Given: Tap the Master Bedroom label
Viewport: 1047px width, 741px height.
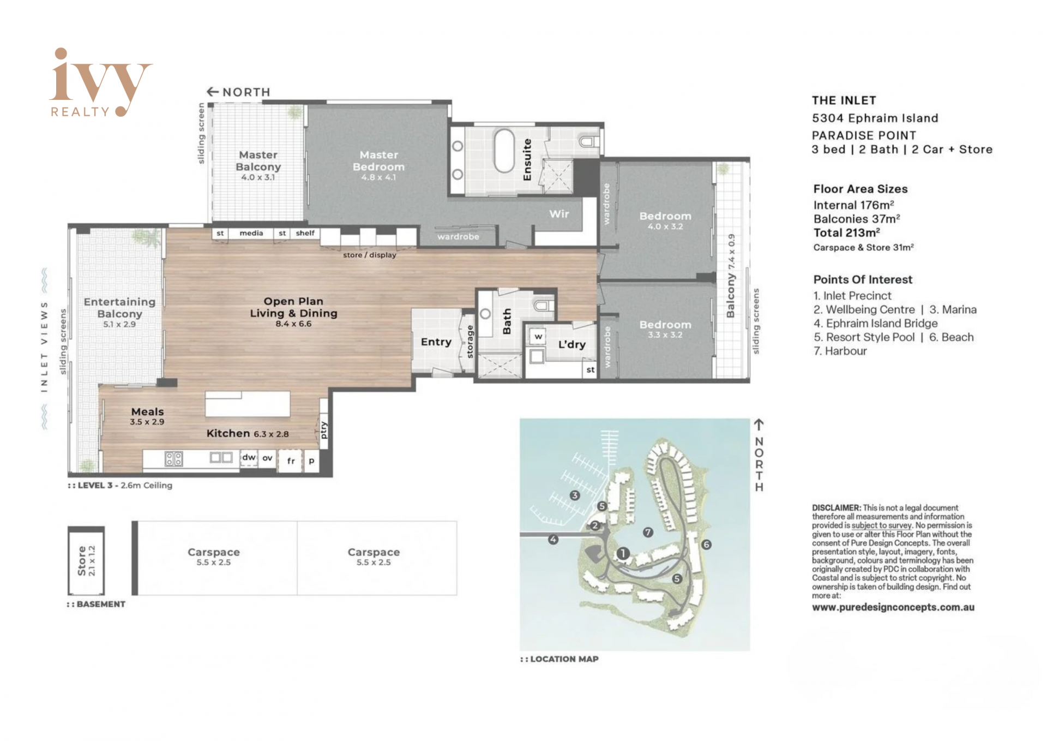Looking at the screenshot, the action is point(378,161).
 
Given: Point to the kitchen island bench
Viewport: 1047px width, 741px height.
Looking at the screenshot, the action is point(248,403).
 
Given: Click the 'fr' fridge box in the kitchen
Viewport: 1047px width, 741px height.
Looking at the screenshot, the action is point(291,461).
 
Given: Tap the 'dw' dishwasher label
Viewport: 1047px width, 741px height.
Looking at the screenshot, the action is point(249,457).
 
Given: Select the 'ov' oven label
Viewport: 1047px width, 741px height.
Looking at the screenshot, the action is point(267,458).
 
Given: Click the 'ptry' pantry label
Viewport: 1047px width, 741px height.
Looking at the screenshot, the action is point(324,430).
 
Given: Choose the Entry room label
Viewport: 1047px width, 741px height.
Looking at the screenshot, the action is point(436,342).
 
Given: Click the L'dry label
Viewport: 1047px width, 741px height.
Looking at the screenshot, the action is point(571,344).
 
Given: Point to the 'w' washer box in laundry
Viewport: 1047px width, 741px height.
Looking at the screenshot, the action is point(538,337).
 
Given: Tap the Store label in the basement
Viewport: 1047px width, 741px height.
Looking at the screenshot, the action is point(82,561).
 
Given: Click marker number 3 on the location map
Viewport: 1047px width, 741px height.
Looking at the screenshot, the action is point(574,495).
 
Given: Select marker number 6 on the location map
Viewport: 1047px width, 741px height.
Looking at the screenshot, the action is point(706,544).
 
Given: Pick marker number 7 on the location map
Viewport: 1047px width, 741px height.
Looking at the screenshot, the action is point(648,531).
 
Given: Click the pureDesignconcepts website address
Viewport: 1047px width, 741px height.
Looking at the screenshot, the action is point(893,607).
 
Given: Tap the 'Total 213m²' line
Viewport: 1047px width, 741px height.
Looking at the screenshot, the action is point(847,232).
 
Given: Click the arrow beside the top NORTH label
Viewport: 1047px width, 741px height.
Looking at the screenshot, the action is point(213,92).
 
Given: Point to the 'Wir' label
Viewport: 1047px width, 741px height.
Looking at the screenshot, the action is point(559,214).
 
